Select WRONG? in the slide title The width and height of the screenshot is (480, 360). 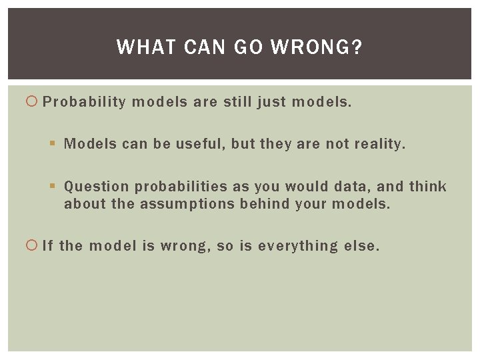318,47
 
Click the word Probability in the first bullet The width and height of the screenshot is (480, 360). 84,102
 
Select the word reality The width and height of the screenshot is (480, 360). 379,144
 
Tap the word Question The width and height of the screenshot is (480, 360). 97,187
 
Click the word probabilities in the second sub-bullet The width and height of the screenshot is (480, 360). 181,187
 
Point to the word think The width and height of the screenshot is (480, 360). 427,187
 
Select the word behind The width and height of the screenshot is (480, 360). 260,204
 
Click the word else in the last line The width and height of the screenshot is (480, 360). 361,246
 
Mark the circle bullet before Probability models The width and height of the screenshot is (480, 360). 32,102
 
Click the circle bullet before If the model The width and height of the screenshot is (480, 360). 32,246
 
